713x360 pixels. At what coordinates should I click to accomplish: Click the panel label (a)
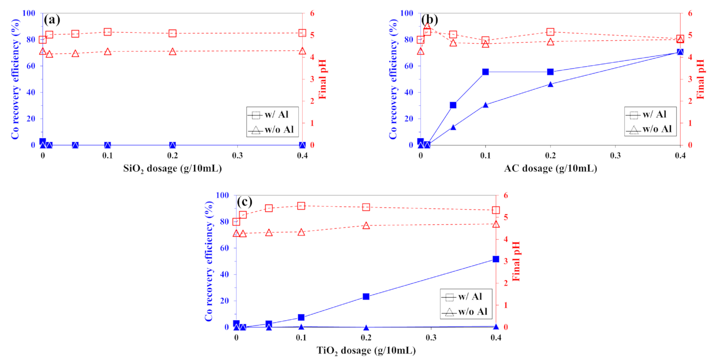pyautogui.click(x=52, y=20)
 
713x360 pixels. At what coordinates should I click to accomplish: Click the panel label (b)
pyautogui.click(x=429, y=20)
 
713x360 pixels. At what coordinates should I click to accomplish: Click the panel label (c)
pyautogui.click(x=244, y=202)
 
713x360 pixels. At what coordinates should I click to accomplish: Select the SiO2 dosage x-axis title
pyautogui.click(x=172, y=168)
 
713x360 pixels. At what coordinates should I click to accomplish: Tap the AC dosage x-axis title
pyautogui.click(x=550, y=168)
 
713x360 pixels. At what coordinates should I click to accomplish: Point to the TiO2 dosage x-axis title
pyautogui.click(x=366, y=350)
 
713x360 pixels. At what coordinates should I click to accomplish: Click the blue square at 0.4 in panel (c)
pyautogui.click(x=496, y=259)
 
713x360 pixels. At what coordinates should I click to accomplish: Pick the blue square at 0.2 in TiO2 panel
pyautogui.click(x=366, y=297)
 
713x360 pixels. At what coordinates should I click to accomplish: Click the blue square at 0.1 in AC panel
pyautogui.click(x=486, y=72)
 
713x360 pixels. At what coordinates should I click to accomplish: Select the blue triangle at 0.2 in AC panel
pyautogui.click(x=550, y=84)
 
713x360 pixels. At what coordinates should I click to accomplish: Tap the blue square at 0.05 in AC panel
pyautogui.click(x=453, y=105)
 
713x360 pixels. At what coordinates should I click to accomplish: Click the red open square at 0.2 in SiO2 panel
pyautogui.click(x=172, y=33)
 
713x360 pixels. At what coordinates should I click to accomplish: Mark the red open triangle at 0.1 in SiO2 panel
pyautogui.click(x=107, y=52)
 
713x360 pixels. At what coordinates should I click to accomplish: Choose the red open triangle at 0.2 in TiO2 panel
pyautogui.click(x=366, y=226)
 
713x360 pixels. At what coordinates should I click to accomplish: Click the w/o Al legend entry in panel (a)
pyautogui.click(x=272, y=130)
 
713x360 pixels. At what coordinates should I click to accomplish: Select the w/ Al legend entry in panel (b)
pyautogui.click(x=649, y=115)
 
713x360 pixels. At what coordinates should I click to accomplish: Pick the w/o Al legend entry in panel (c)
pyautogui.click(x=465, y=312)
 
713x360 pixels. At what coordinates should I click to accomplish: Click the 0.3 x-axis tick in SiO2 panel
pyautogui.click(x=237, y=156)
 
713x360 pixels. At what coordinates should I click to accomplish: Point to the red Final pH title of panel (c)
pyautogui.click(x=516, y=261)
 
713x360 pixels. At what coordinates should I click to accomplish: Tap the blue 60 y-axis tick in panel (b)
pyautogui.click(x=409, y=66)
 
